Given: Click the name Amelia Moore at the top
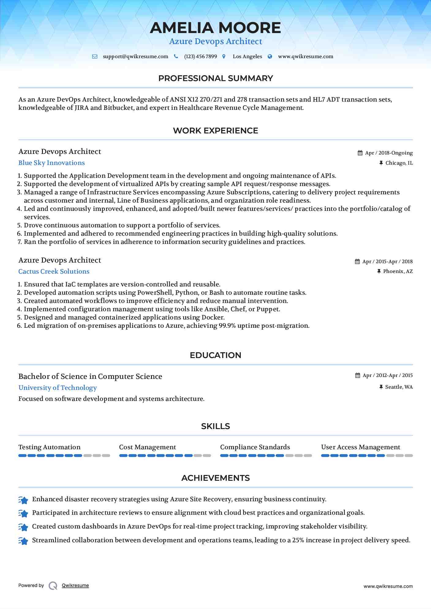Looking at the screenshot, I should [x=215, y=28].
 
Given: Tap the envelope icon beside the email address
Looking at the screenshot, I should [x=95, y=57].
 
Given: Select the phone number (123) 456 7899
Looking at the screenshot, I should [x=200, y=57].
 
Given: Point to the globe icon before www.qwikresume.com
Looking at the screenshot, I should [x=270, y=57].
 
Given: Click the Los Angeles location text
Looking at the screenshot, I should [x=247, y=57].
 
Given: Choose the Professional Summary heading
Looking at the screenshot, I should [x=215, y=78].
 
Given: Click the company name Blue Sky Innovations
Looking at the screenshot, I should [x=51, y=163].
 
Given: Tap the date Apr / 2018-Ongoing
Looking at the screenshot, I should [x=389, y=153].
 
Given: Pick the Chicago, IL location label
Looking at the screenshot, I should [x=399, y=163].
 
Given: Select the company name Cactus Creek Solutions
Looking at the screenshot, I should [x=54, y=271].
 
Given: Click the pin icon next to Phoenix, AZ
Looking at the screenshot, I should [x=379, y=271].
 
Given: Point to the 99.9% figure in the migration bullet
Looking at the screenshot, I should [x=227, y=326].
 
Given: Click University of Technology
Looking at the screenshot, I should [x=58, y=388].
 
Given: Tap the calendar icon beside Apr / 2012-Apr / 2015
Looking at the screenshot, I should [x=357, y=375].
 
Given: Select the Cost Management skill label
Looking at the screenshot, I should [x=147, y=447].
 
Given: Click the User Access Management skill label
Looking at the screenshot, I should [x=361, y=447].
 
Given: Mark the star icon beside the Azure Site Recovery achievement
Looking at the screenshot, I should [x=23, y=500].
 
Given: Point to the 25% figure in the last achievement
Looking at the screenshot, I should [x=298, y=540].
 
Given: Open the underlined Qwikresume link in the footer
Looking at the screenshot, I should [x=75, y=585].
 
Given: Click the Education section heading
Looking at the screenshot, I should [x=215, y=355].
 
